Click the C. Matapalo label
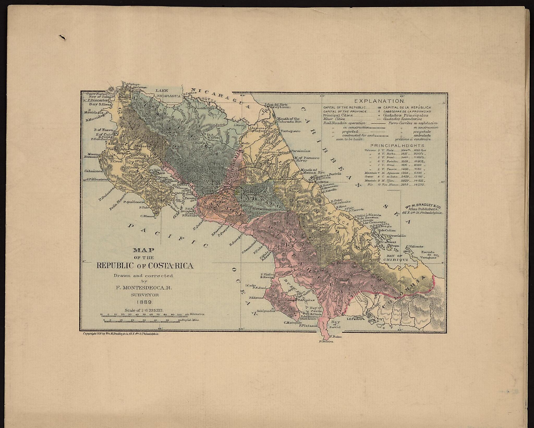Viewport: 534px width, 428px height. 291,323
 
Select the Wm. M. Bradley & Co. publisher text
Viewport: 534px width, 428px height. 424,209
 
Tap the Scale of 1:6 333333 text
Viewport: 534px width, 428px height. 144,310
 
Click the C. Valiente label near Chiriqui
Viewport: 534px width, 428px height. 415,246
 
